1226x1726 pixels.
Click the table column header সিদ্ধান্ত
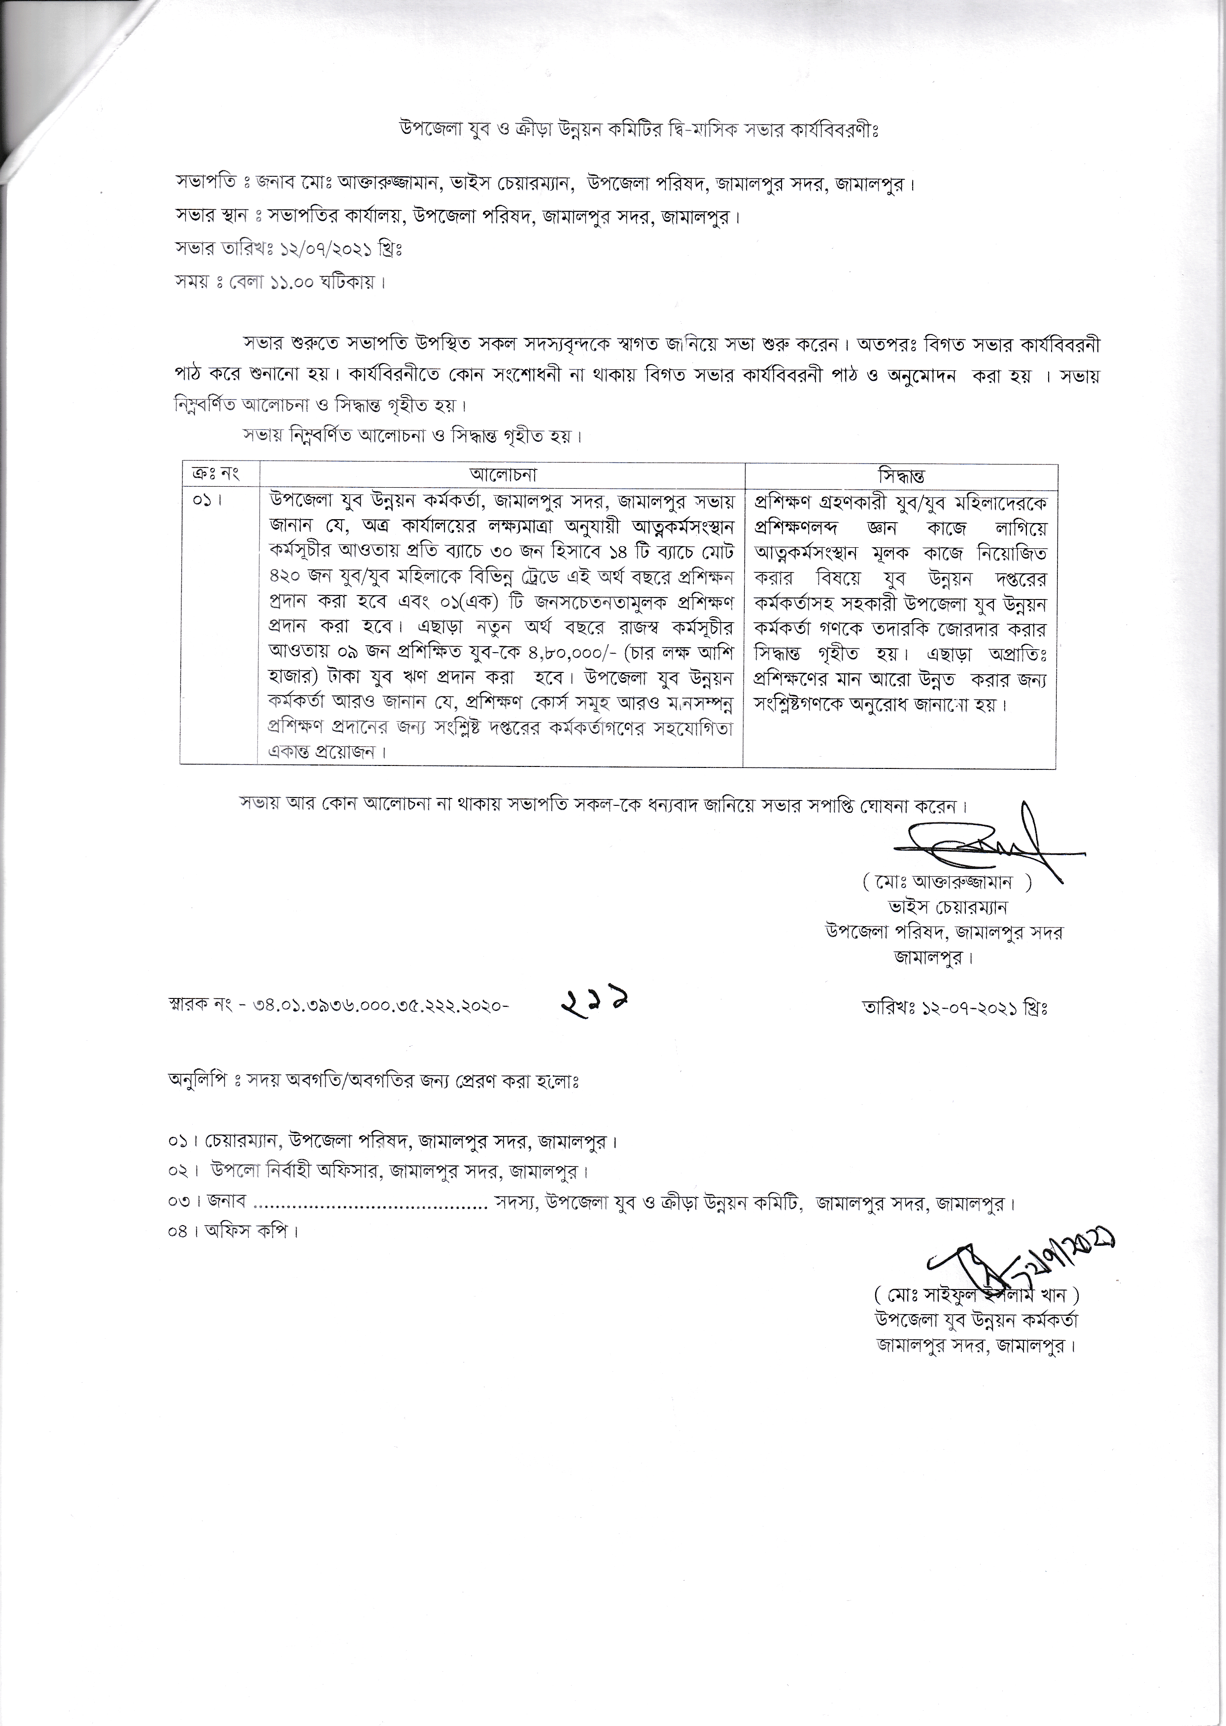(x=901, y=476)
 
